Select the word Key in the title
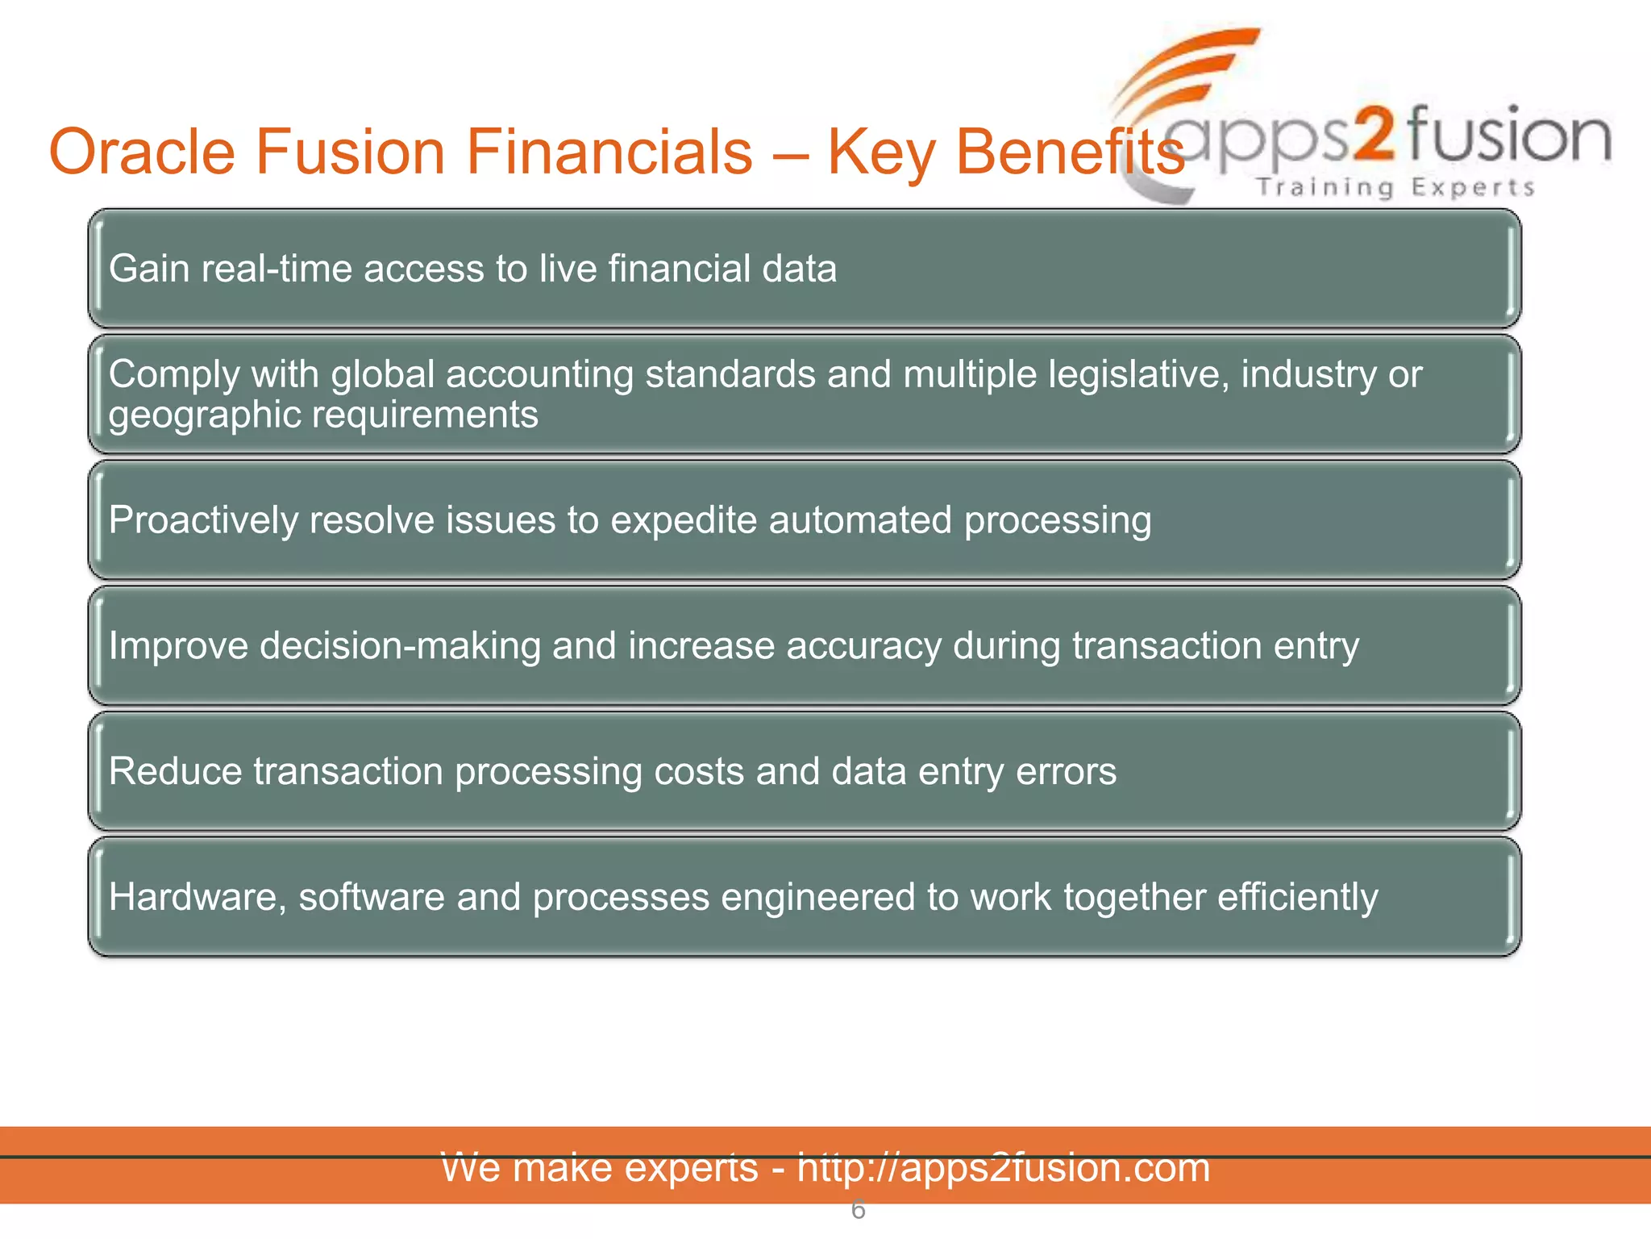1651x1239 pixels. point(880,152)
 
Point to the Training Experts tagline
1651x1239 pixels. point(1395,187)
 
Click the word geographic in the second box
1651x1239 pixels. point(205,415)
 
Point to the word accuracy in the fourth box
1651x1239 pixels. point(863,646)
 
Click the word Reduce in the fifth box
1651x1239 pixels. point(175,772)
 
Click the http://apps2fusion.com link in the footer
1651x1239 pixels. point(1003,1168)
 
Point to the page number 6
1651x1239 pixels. point(858,1210)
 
